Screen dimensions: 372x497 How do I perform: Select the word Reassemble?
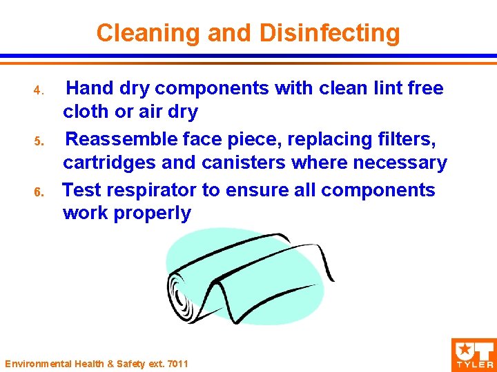[121, 139]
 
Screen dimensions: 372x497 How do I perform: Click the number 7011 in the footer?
[177, 363]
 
